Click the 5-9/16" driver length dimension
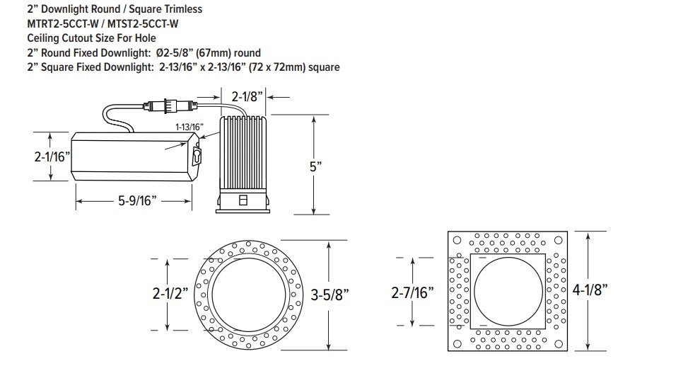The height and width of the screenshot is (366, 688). [x=137, y=201]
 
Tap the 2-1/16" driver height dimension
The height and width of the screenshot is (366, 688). [x=52, y=156]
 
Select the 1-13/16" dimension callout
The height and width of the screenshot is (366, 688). [x=190, y=127]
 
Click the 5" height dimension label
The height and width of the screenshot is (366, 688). [x=316, y=167]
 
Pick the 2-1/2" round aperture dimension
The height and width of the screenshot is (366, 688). [x=170, y=293]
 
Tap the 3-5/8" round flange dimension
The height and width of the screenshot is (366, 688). [x=330, y=294]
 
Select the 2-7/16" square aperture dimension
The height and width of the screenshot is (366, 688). [x=412, y=292]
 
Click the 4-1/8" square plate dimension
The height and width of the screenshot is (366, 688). [x=590, y=290]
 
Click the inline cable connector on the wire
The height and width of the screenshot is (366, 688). [x=170, y=106]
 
